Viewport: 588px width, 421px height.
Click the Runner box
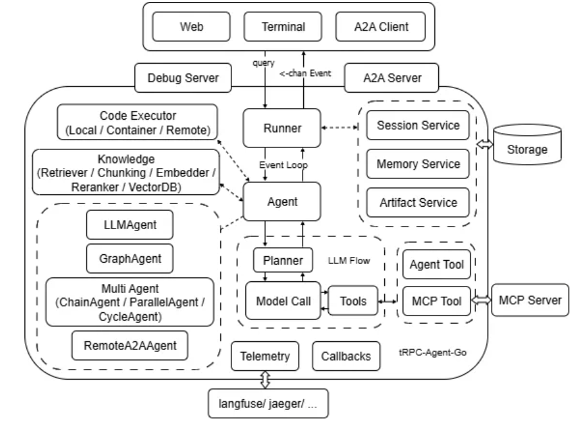pos(281,127)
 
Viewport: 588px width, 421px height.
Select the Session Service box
pos(418,125)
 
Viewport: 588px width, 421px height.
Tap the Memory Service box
pos(418,164)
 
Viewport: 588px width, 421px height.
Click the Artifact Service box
pos(418,202)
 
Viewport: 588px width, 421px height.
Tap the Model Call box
pos(282,300)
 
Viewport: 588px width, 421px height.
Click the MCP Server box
pos(530,300)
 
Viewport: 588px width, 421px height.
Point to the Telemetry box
pos(265,355)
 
